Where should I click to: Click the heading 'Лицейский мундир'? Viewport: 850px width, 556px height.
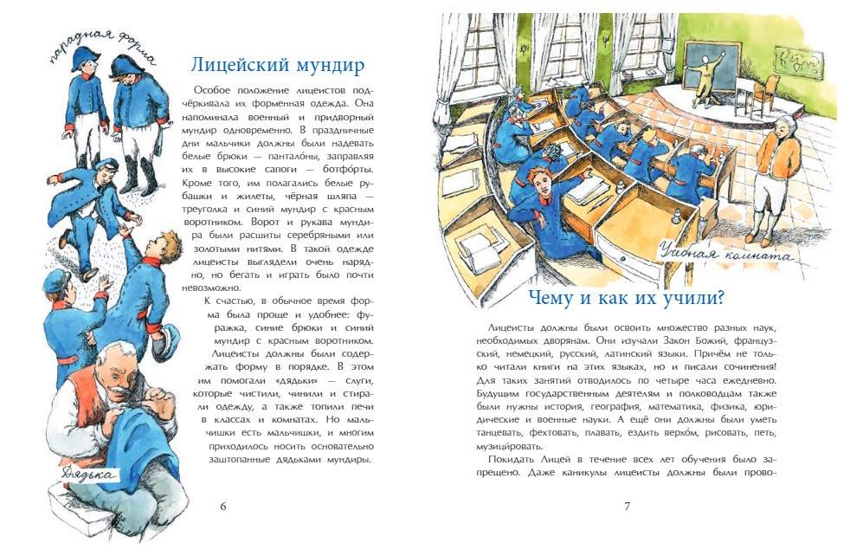point(277,65)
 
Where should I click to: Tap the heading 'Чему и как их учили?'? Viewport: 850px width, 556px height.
point(626,298)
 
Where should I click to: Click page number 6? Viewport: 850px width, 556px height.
point(223,506)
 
